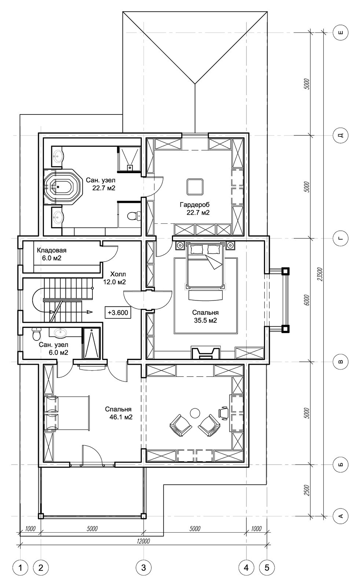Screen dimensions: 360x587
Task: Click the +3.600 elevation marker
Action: pyautogui.click(x=118, y=312)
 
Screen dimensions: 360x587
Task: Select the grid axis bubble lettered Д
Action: pyautogui.click(x=341, y=135)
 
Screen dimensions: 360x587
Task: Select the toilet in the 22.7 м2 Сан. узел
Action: pyautogui.click(x=134, y=216)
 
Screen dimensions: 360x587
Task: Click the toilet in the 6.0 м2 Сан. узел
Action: pyautogui.click(x=36, y=334)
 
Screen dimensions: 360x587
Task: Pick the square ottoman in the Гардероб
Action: pyautogui.click(x=195, y=187)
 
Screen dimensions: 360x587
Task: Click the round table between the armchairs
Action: pyautogui.click(x=195, y=413)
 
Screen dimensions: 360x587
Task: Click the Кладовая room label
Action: pyautogui.click(x=52, y=250)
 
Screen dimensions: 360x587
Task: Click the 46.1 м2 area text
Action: pyautogui.click(x=121, y=417)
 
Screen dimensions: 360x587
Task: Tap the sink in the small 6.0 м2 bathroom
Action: pyautogui.click(x=61, y=332)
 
